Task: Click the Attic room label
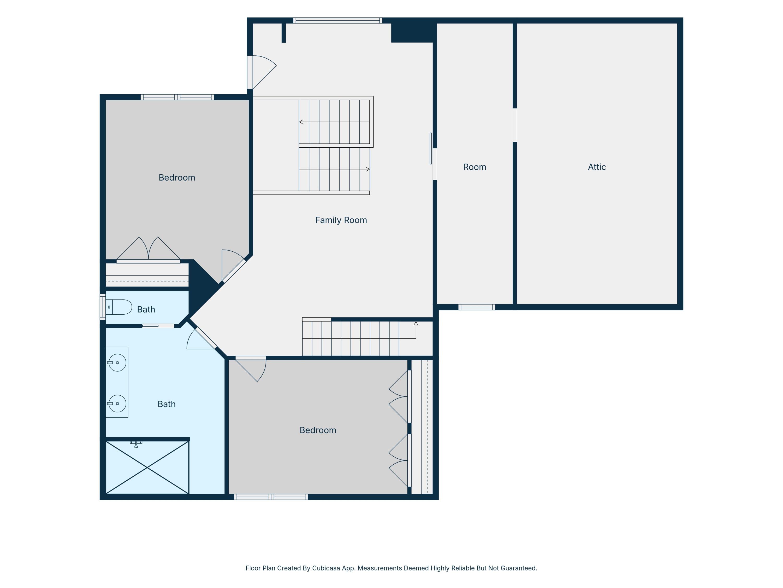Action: click(x=597, y=167)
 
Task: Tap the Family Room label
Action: click(x=341, y=220)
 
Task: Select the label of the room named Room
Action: click(x=475, y=167)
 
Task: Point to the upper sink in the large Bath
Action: click(x=117, y=362)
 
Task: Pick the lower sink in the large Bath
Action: click(x=117, y=403)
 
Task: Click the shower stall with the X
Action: click(x=147, y=467)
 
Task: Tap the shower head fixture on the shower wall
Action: click(x=136, y=444)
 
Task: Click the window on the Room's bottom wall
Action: click(x=476, y=307)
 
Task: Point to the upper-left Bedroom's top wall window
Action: click(x=177, y=97)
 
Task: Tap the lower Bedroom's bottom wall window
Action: click(x=271, y=497)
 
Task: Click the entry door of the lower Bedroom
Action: click(x=251, y=368)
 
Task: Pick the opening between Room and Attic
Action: click(x=515, y=125)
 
